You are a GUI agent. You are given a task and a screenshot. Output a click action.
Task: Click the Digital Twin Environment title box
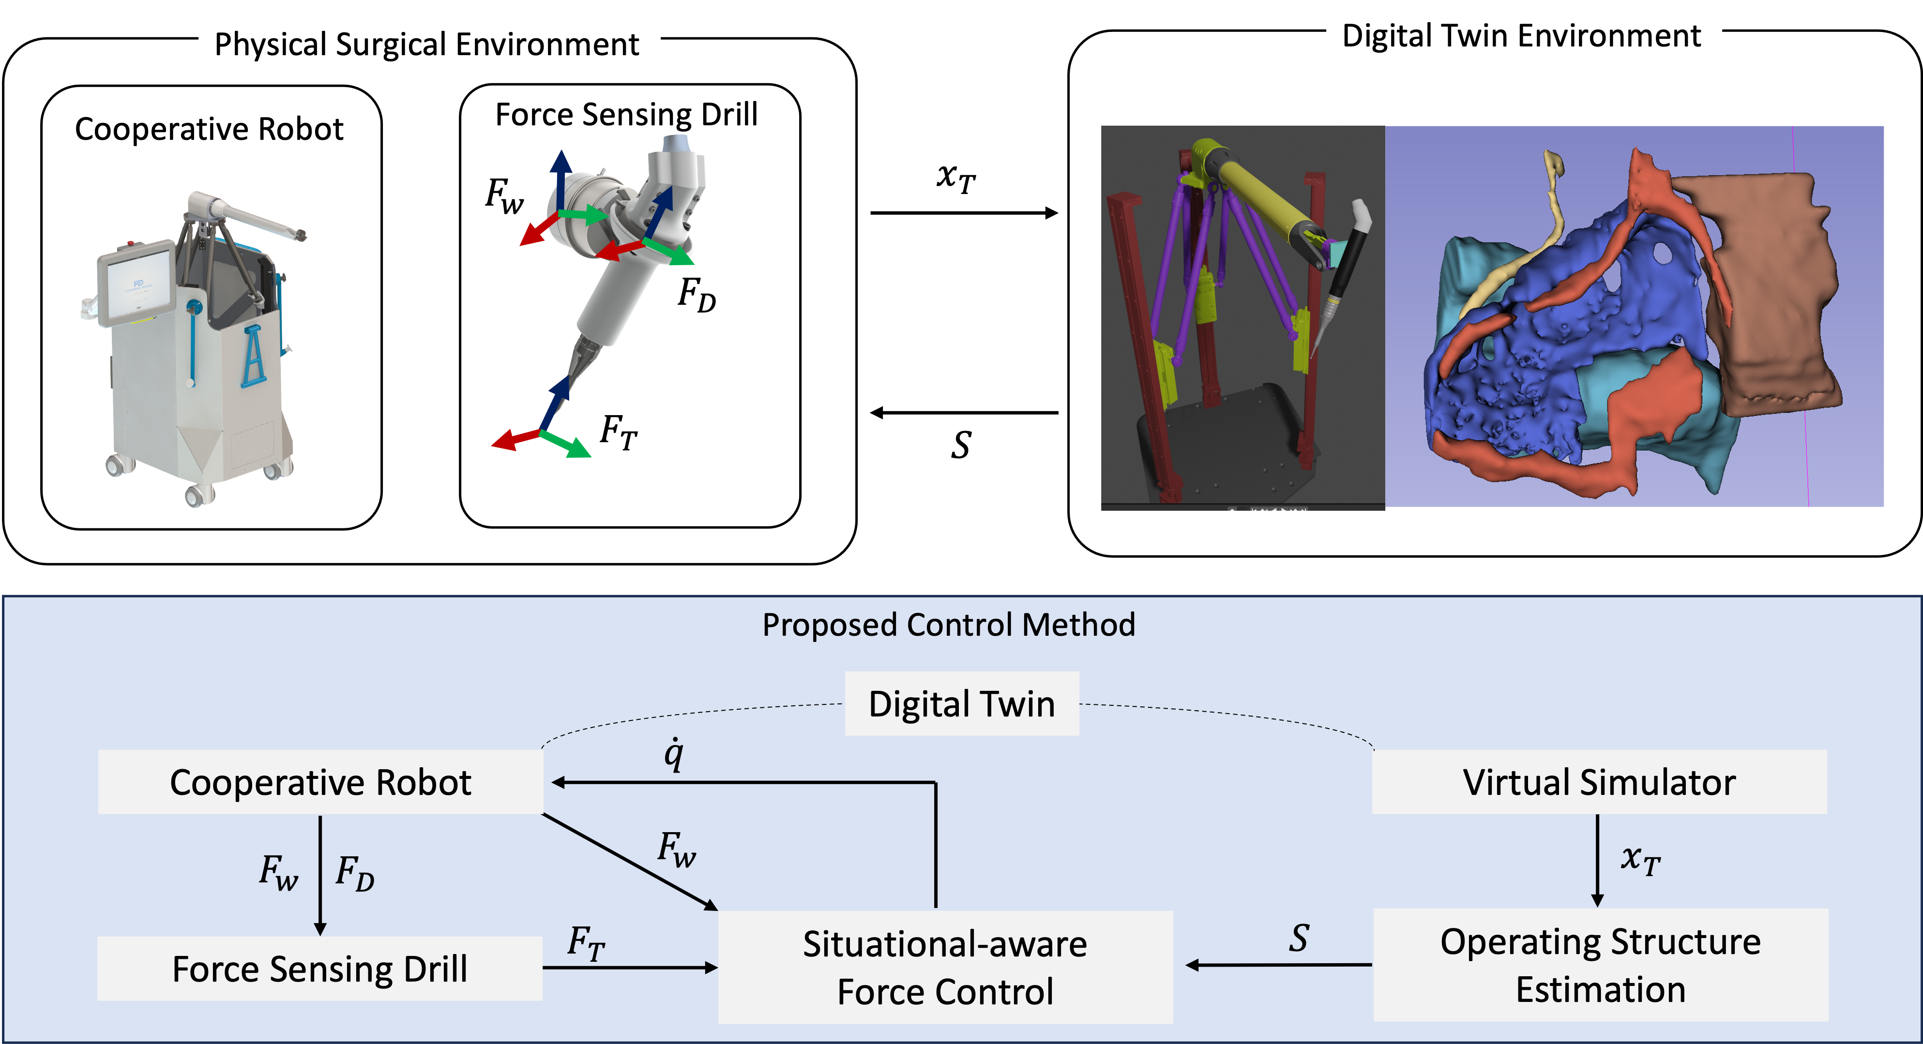click(1523, 35)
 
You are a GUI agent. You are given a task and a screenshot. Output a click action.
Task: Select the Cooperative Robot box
click(320, 782)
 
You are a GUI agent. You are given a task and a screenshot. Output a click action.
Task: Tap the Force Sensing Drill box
click(319, 969)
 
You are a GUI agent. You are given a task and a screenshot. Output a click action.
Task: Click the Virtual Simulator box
click(1599, 782)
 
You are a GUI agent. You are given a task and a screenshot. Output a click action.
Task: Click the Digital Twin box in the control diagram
click(961, 704)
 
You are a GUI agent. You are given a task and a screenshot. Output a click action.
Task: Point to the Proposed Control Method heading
click(948, 625)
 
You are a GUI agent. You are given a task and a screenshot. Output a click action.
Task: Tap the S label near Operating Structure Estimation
click(1299, 938)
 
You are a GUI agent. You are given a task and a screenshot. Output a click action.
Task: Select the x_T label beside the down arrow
click(1640, 861)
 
